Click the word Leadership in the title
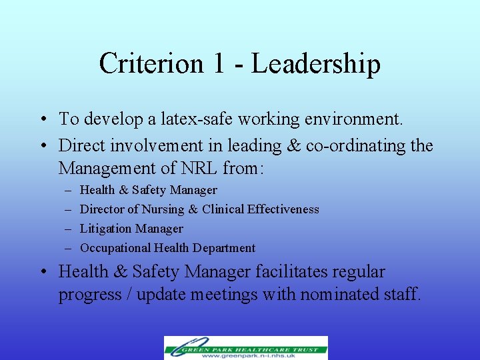[316, 64]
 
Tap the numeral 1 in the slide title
[219, 64]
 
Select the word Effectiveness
[283, 209]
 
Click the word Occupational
[115, 248]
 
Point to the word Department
[224, 248]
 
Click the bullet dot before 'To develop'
[42, 120]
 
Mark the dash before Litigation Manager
[68, 229]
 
